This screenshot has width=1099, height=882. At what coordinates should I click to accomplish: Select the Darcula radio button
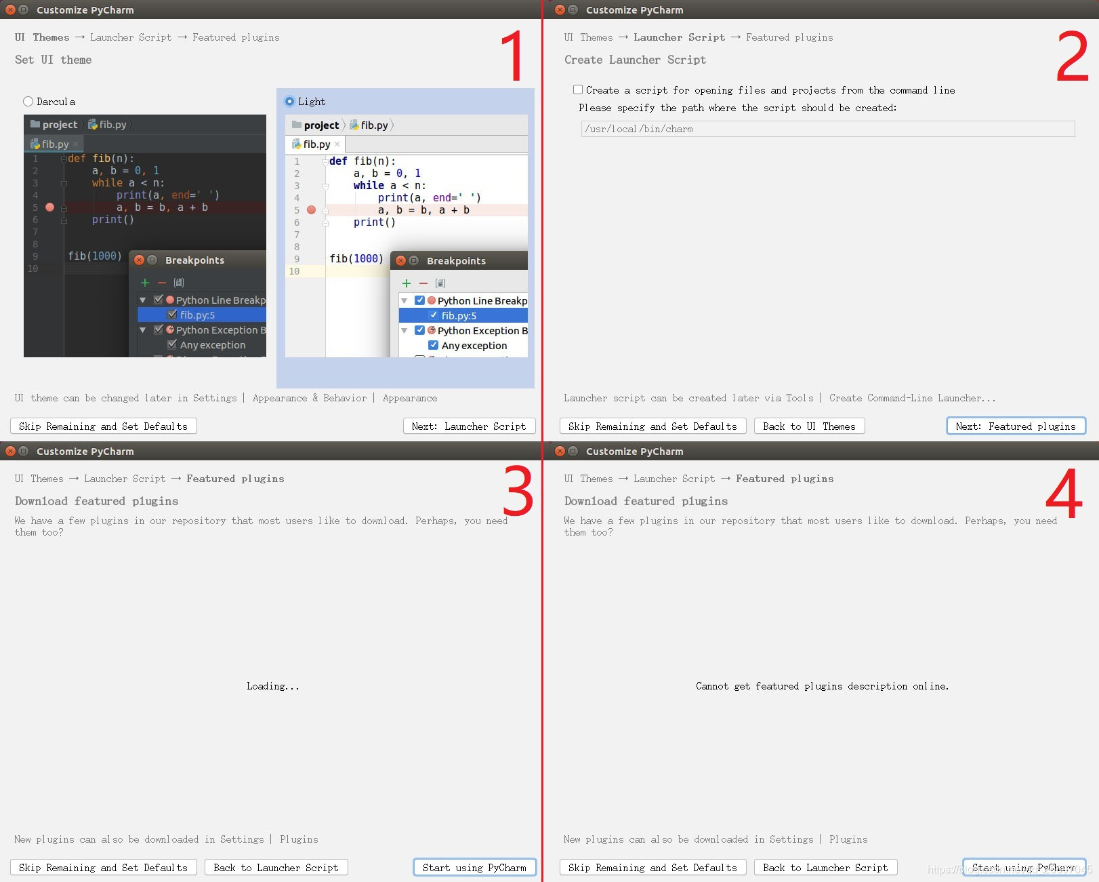tap(28, 102)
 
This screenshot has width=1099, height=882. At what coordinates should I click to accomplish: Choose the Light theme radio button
tap(290, 102)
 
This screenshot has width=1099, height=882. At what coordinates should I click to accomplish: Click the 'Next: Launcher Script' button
tap(469, 426)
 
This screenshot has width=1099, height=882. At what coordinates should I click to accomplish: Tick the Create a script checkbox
tap(578, 89)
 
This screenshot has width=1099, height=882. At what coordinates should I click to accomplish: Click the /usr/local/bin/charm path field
tap(827, 129)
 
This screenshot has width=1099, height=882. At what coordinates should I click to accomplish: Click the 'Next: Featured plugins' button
tap(1015, 426)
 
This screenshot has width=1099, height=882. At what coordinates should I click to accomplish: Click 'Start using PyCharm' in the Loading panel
tap(474, 868)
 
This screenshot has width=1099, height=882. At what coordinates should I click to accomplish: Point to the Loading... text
tap(272, 686)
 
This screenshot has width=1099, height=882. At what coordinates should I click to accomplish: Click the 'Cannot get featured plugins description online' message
tap(822, 686)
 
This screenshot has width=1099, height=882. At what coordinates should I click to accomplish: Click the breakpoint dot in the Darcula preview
tap(49, 207)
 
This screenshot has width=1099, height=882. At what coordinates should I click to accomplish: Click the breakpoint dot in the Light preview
tap(311, 210)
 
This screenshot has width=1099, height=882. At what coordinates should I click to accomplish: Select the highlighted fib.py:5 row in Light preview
tap(459, 316)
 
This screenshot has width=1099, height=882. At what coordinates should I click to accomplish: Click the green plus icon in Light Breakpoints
tap(407, 283)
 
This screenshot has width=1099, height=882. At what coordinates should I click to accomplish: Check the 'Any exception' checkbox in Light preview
tap(434, 345)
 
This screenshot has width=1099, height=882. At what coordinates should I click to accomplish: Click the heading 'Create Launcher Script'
tap(635, 60)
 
